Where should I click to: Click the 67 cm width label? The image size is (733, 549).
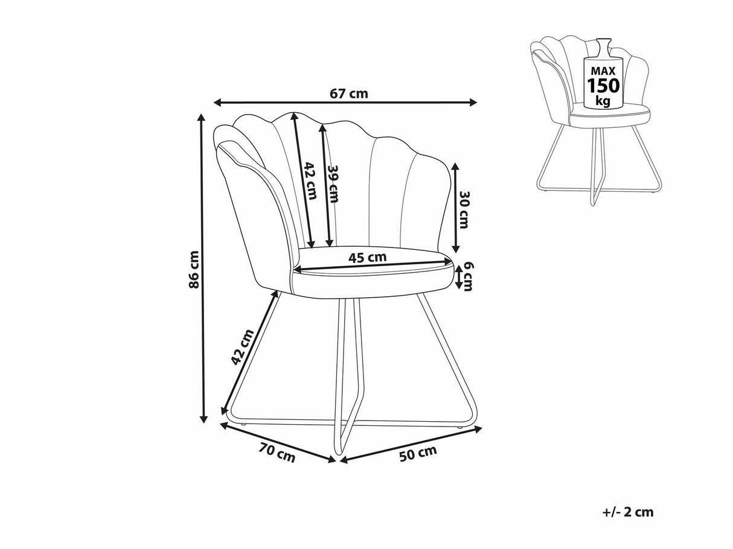[349, 94]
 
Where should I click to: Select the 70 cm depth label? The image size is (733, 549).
[277, 452]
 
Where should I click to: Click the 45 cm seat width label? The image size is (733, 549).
[367, 257]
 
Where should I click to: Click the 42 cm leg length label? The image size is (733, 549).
[241, 347]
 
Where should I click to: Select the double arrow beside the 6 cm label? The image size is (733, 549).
[458, 278]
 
